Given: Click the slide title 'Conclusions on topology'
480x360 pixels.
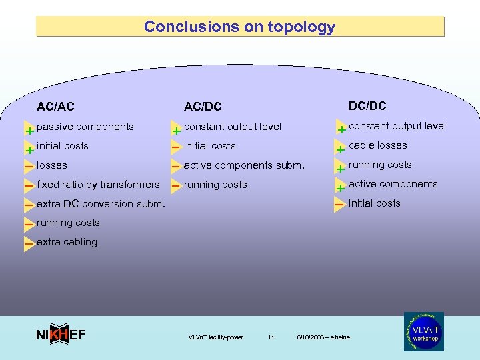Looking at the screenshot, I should click(x=239, y=27).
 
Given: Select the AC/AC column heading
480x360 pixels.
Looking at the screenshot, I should click(x=55, y=107).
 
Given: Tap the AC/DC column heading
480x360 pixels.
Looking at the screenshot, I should click(x=203, y=107).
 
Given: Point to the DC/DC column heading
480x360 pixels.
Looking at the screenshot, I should click(x=367, y=106).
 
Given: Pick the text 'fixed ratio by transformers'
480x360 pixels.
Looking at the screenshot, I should click(x=98, y=185).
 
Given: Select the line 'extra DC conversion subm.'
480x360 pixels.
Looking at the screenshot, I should click(x=100, y=204).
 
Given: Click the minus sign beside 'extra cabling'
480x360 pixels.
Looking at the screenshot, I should click(x=29, y=245).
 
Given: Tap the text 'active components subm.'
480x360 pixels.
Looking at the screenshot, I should click(x=243, y=165).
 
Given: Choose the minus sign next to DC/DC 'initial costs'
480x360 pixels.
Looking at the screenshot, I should click(x=339, y=203).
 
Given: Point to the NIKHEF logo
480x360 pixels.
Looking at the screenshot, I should click(x=60, y=335).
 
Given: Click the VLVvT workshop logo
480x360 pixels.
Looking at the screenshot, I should click(x=423, y=331).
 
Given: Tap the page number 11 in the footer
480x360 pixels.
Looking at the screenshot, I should click(x=271, y=337).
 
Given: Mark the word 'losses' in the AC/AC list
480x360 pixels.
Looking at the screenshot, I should click(x=52, y=165).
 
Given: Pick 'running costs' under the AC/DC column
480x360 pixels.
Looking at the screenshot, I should click(x=215, y=185).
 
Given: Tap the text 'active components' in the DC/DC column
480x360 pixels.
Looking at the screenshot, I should click(x=393, y=184).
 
